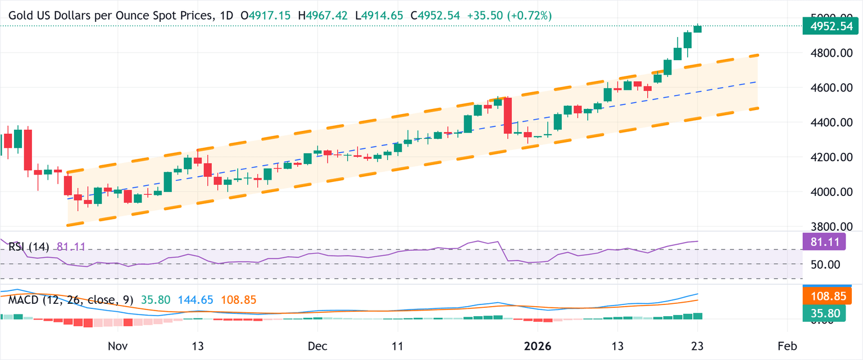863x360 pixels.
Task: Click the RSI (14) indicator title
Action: [29, 246]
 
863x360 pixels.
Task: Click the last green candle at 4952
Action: [697, 29]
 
